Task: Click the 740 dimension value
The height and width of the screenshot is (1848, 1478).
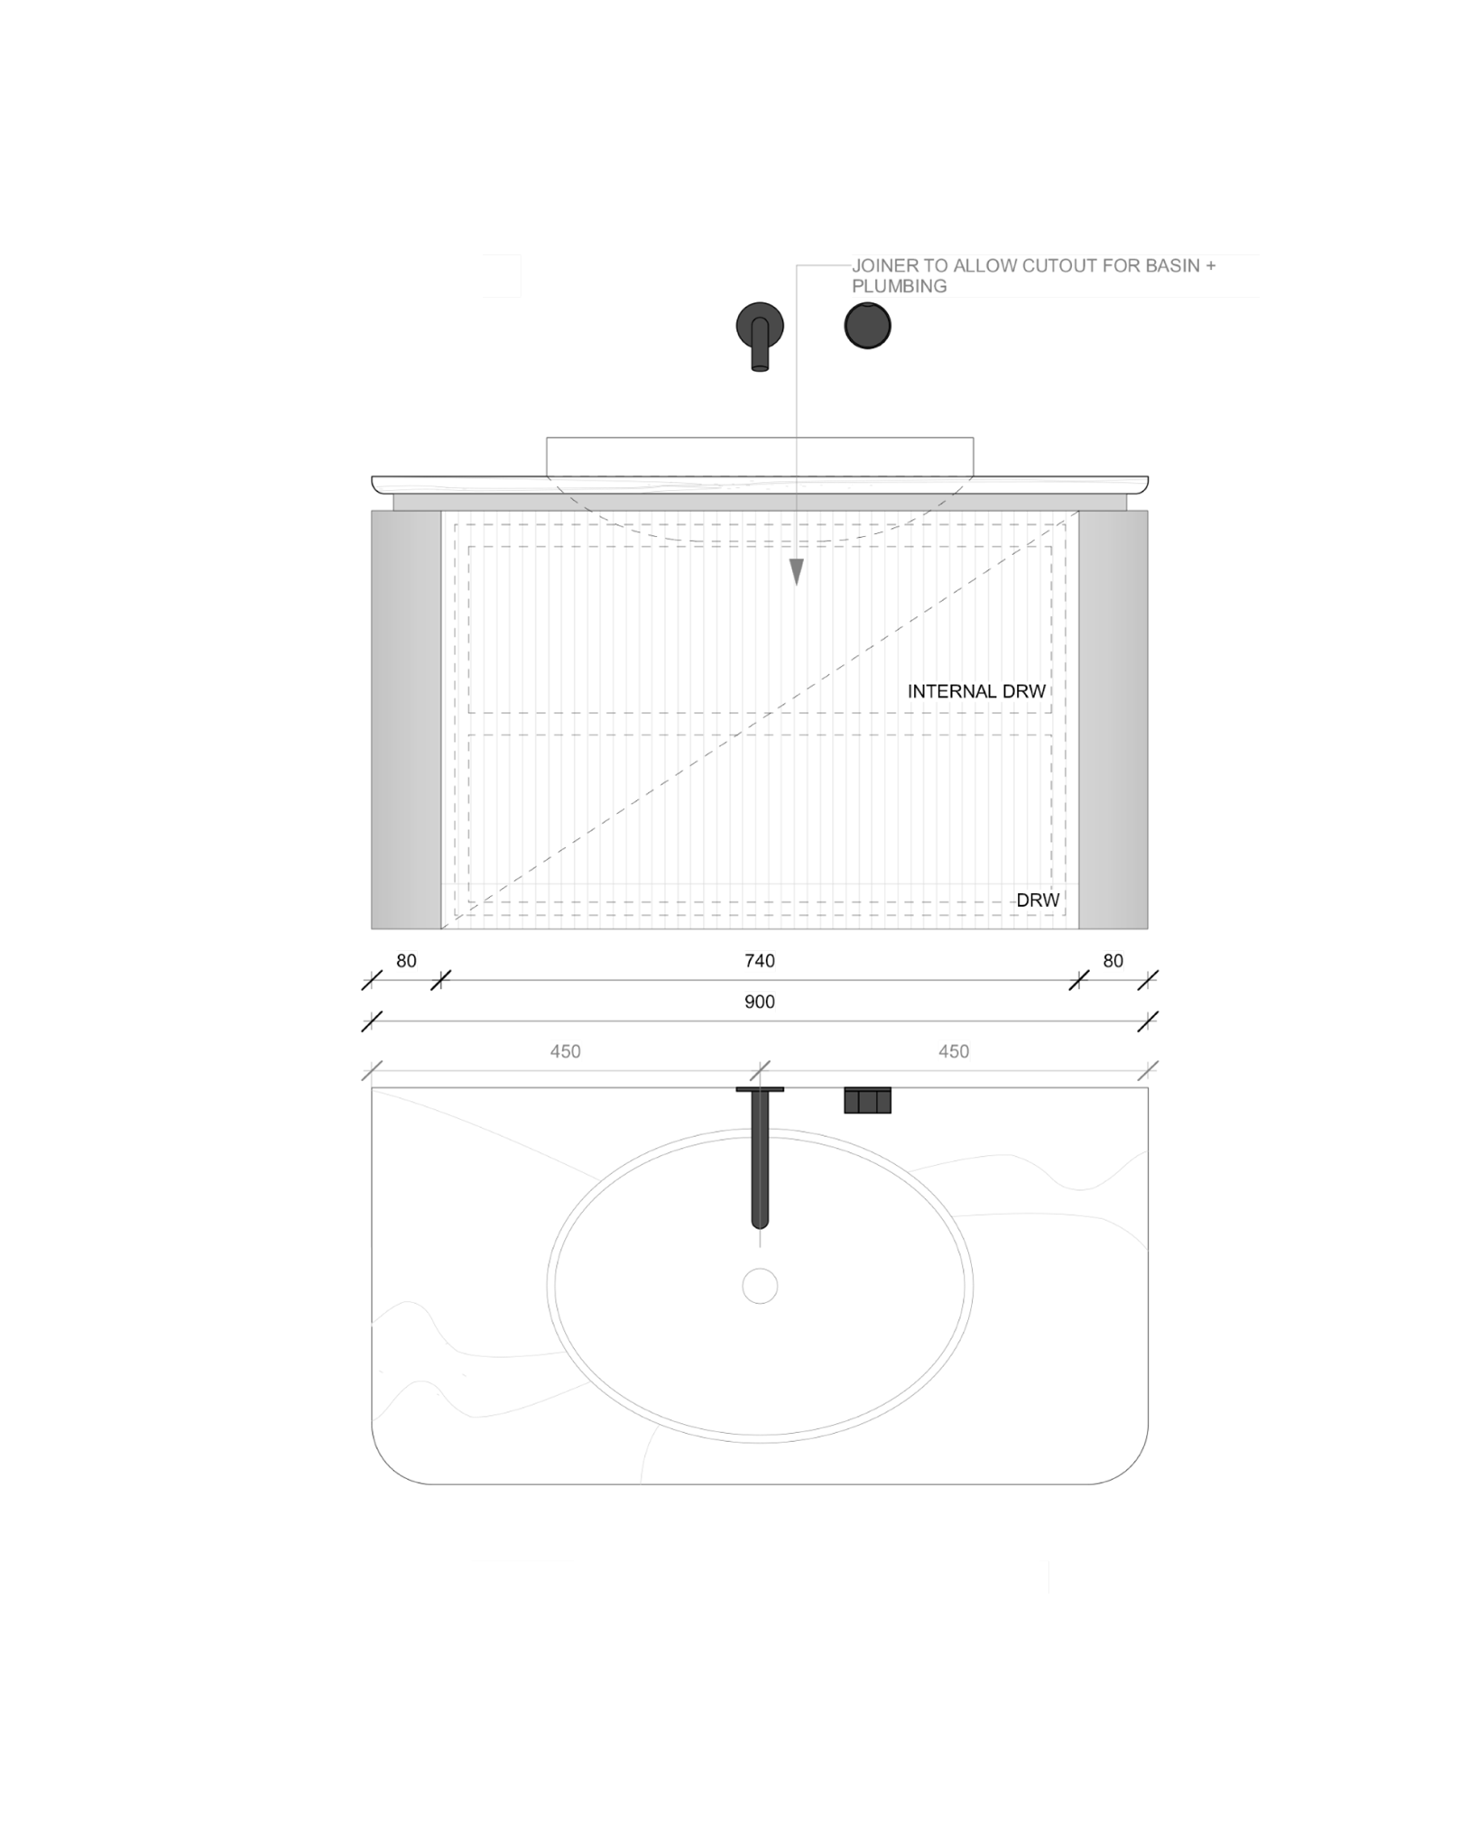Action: pyautogui.click(x=759, y=961)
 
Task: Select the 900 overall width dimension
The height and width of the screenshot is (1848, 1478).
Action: pyautogui.click(x=759, y=1002)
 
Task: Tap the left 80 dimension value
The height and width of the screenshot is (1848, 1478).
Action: pyautogui.click(x=406, y=961)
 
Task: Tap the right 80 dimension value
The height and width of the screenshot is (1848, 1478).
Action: pyautogui.click(x=1113, y=961)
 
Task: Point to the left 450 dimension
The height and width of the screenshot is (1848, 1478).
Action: pyautogui.click(x=565, y=1051)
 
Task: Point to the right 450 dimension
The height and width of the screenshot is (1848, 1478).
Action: pyautogui.click(x=953, y=1051)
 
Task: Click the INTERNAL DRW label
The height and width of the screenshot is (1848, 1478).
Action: pyautogui.click(x=976, y=691)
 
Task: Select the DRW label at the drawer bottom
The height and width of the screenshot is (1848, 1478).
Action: pyautogui.click(x=1038, y=900)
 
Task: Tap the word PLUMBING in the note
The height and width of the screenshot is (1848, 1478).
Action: pyautogui.click(x=899, y=286)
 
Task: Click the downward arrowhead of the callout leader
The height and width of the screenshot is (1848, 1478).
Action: pyautogui.click(x=796, y=572)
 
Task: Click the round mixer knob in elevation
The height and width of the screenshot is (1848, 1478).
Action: pyautogui.click(x=867, y=326)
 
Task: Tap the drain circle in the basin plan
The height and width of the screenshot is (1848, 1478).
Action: pyautogui.click(x=760, y=1286)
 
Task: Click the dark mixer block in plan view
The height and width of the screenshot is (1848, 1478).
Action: pyautogui.click(x=867, y=1101)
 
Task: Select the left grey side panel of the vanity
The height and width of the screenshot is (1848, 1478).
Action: pyautogui.click(x=406, y=719)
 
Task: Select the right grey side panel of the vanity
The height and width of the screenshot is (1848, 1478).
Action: pyautogui.click(x=1113, y=719)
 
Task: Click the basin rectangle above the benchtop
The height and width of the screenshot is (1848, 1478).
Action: pyautogui.click(x=760, y=456)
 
